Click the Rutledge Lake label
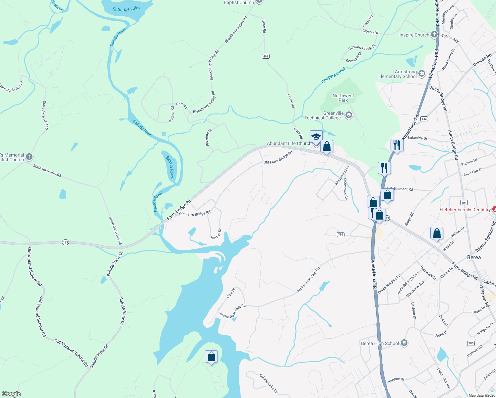126,9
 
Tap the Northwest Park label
343,98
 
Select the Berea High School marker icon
404,343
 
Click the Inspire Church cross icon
434,35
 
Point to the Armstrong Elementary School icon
422,74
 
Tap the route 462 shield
265,56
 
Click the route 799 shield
341,234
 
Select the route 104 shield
464,202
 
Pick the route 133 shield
424,119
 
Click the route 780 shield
471,343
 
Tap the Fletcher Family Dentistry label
465,210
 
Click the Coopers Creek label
334,75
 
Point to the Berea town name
474,257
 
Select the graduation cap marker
316,137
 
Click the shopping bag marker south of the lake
212,357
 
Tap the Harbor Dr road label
216,234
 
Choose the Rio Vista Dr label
208,138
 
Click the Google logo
11,394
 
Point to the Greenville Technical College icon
348,115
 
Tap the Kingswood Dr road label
342,176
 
